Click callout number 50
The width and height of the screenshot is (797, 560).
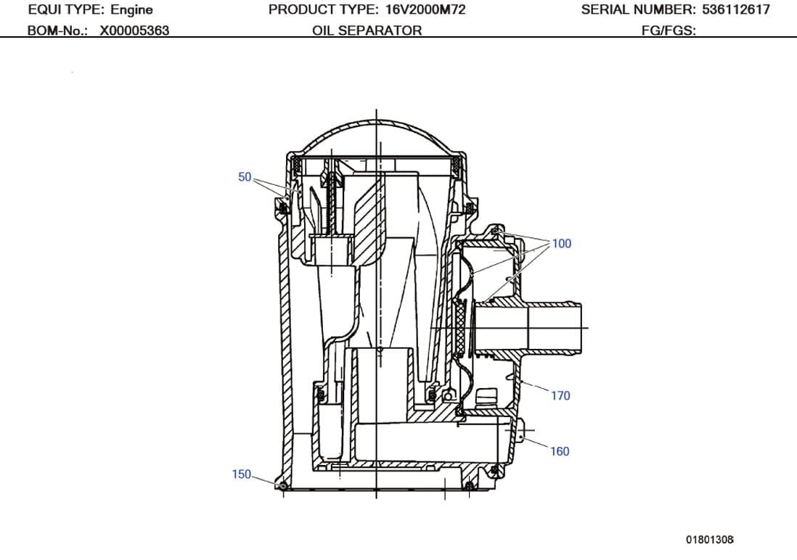(x=245, y=177)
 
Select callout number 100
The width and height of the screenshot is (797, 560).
(x=562, y=244)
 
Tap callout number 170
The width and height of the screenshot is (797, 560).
(x=560, y=396)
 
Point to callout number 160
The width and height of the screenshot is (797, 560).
(x=559, y=451)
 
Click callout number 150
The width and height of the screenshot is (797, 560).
(x=241, y=474)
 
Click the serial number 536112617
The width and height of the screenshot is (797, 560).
(x=736, y=10)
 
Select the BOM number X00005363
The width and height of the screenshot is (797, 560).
(x=134, y=30)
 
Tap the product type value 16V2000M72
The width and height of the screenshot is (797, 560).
(x=425, y=10)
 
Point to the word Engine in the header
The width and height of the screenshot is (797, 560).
(x=131, y=10)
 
